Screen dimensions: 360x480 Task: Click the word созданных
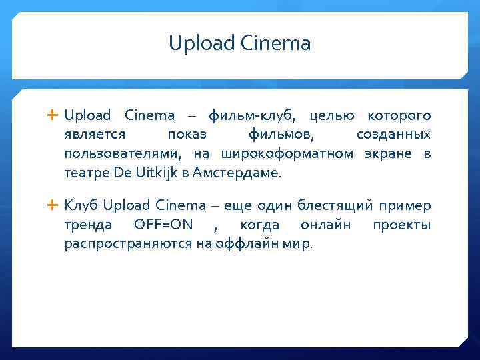pyautogui.click(x=393, y=135)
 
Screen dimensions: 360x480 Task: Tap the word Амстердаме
pyautogui.click(x=237, y=173)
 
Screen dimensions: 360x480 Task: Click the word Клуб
pyautogui.click(x=82, y=205)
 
